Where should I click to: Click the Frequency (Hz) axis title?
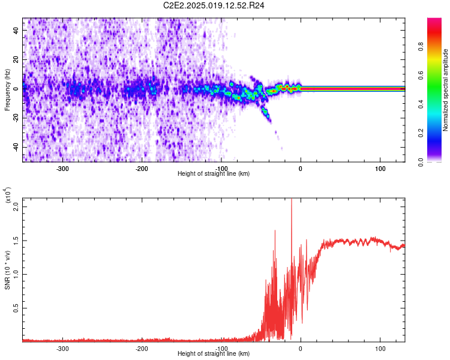(x=7, y=90)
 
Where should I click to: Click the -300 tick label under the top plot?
(x=62, y=169)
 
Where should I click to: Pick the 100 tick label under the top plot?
(x=380, y=169)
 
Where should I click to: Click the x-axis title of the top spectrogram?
(x=214, y=174)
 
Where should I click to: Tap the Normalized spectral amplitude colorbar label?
(x=446, y=90)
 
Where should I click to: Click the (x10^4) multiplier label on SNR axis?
(x=8, y=196)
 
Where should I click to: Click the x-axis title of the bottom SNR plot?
(x=214, y=354)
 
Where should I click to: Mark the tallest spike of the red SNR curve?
(x=292, y=200)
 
